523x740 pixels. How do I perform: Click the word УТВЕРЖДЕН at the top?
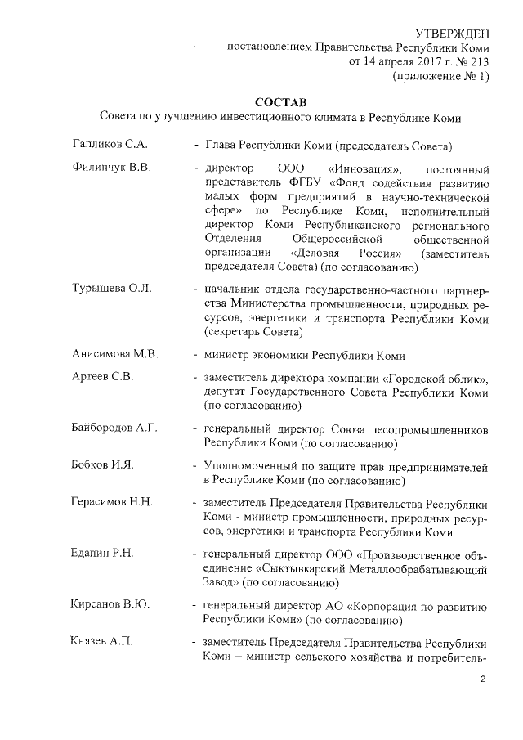(452, 33)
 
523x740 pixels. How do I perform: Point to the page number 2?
(483, 679)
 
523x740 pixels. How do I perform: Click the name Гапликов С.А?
(110, 146)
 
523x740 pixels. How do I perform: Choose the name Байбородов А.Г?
(114, 428)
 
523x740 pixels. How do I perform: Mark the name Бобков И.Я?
(102, 465)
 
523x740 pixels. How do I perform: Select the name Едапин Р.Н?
(103, 554)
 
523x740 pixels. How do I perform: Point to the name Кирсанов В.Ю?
(109, 605)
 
